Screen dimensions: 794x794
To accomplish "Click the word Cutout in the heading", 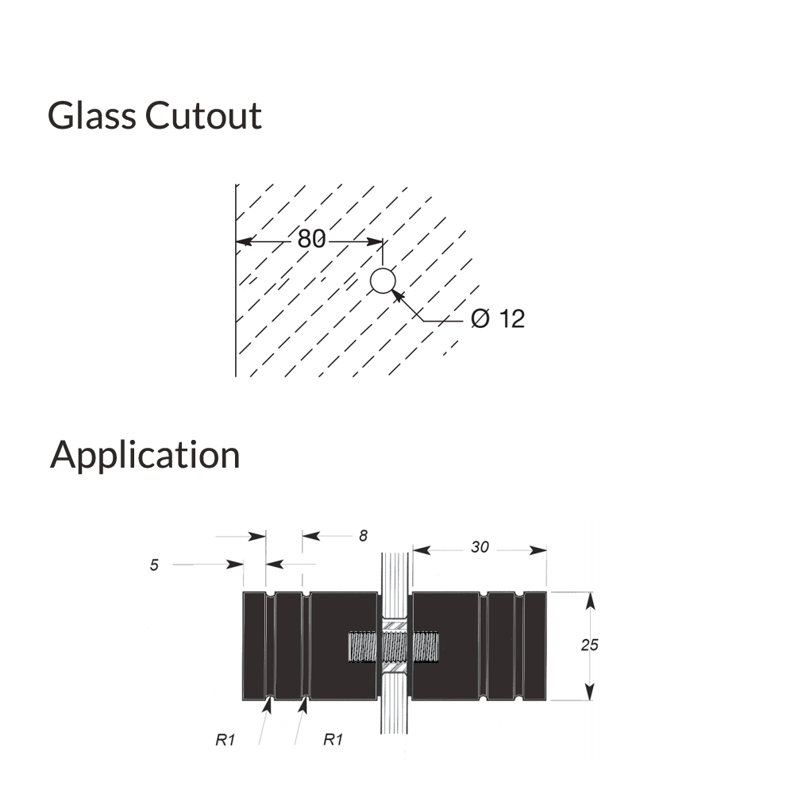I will pos(203,116).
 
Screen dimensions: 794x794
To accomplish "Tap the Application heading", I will pos(145,456).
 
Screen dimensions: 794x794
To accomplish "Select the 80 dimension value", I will pos(311,238).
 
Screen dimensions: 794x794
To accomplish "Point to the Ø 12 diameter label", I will pos(498,319).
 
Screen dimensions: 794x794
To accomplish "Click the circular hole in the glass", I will pos(383,281).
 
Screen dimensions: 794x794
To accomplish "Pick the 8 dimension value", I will pos(363,536).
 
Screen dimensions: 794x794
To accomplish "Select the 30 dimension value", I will pos(480,547).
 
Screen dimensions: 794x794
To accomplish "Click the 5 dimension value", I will pos(154,565).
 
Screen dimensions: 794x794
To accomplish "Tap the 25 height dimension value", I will pos(589,645).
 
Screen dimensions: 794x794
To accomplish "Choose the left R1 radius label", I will pos(225,739).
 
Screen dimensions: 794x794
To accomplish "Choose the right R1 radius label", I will pos(333,739).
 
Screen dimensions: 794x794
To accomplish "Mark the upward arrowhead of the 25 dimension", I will pos(589,599).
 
